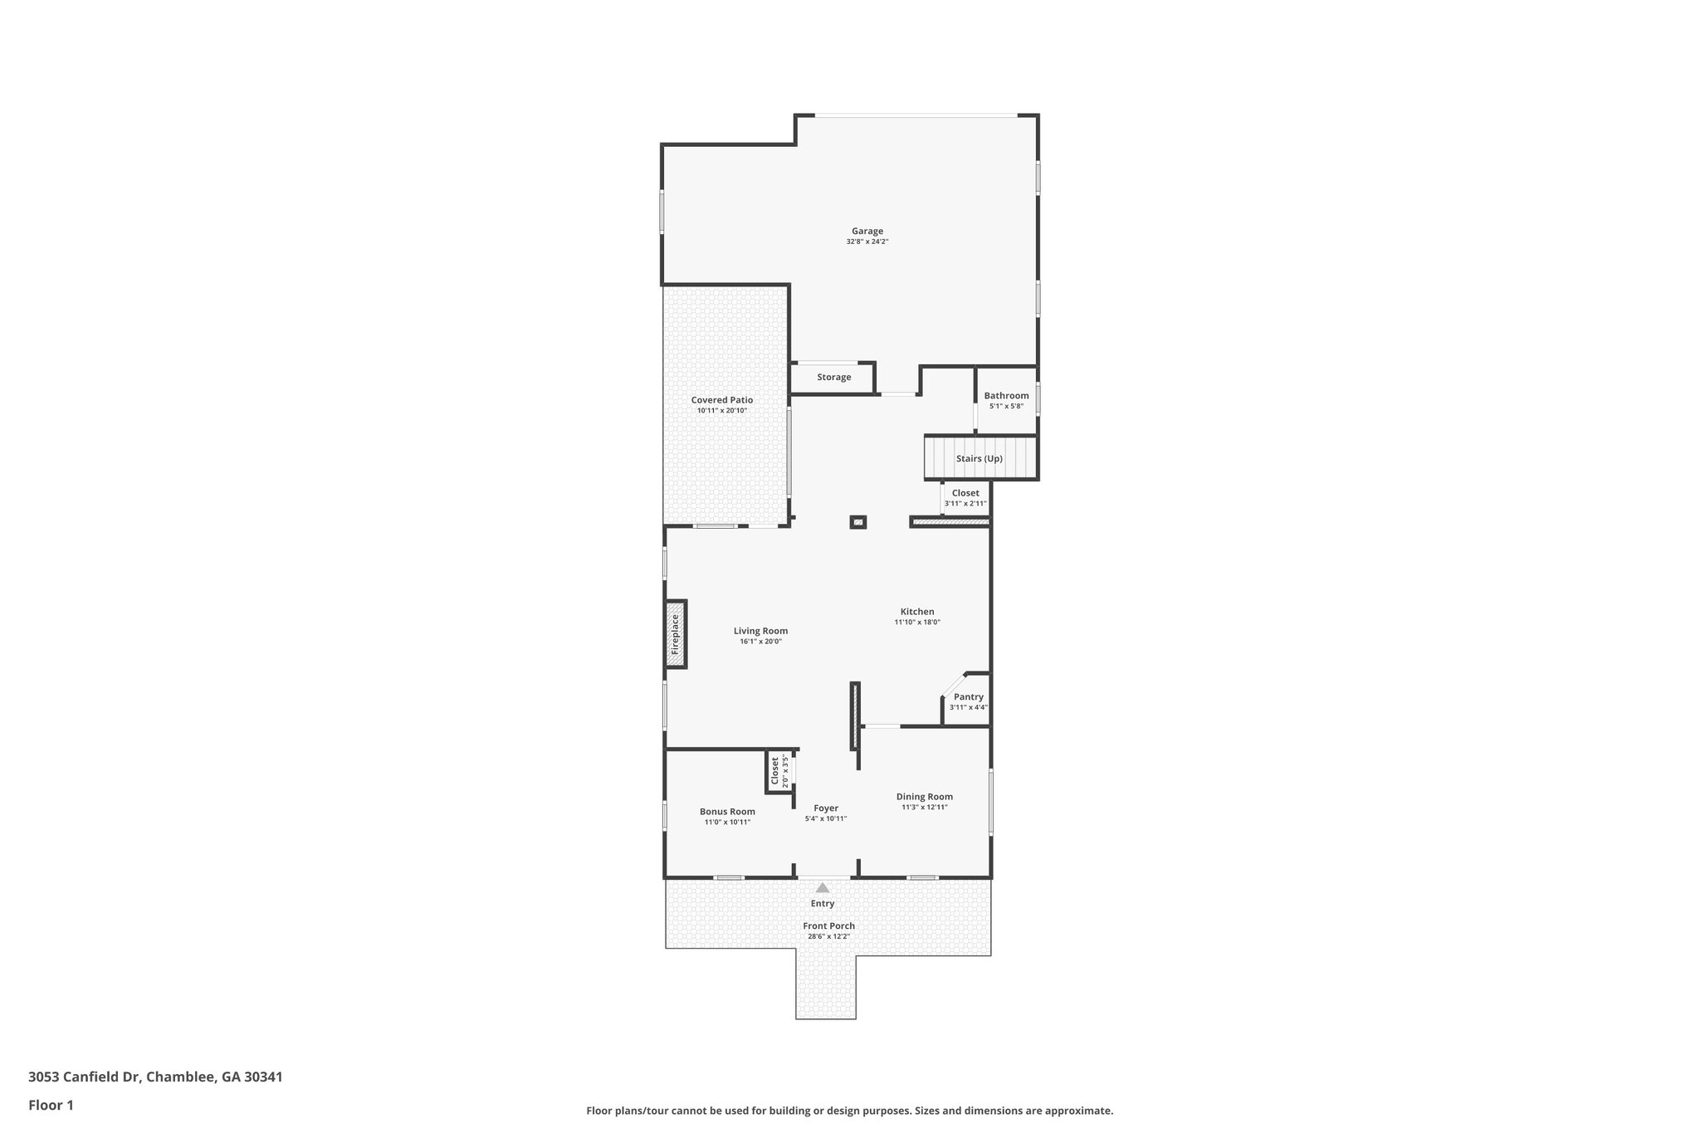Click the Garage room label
pyautogui.click(x=867, y=232)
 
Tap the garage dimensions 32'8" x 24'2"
pyautogui.click(x=867, y=242)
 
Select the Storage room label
pyautogui.click(x=833, y=378)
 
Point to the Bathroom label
pyautogui.click(x=1006, y=396)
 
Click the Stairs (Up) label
pyautogui.click(x=979, y=459)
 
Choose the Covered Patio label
pyautogui.click(x=721, y=400)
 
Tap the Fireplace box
pyautogui.click(x=676, y=634)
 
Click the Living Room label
pyautogui.click(x=760, y=631)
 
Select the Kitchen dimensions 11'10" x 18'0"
pyautogui.click(x=916, y=623)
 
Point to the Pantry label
pyautogui.click(x=968, y=697)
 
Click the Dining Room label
pyautogui.click(x=924, y=797)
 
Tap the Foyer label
pyautogui.click(x=825, y=808)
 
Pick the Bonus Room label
pyautogui.click(x=727, y=812)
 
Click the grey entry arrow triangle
pyautogui.click(x=822, y=887)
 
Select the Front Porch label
pyautogui.click(x=828, y=926)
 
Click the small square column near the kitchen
pyautogui.click(x=857, y=522)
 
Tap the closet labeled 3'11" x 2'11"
pyautogui.click(x=965, y=498)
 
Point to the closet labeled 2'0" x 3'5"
pyautogui.click(x=778, y=771)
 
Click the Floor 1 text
pyautogui.click(x=51, y=1106)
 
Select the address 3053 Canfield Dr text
pyautogui.click(x=155, y=1077)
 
